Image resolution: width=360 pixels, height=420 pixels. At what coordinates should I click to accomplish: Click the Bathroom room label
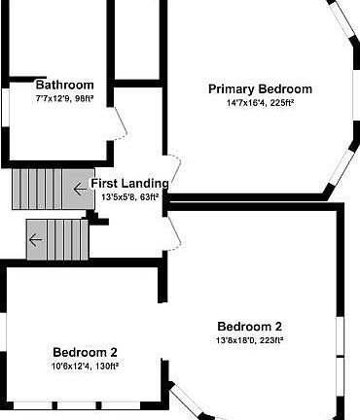click(65, 85)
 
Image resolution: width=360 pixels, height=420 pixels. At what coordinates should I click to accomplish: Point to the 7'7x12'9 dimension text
click(54, 98)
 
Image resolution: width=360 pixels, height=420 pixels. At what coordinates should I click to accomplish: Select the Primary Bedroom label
click(260, 88)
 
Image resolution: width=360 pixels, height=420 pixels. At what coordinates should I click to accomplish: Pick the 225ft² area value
click(281, 102)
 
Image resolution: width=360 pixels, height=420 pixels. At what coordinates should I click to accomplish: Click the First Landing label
click(129, 183)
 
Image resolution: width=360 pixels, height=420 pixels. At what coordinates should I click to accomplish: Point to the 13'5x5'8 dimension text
click(118, 196)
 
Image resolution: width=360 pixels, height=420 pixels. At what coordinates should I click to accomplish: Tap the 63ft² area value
click(149, 196)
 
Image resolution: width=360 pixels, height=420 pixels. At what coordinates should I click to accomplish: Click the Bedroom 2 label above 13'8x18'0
click(249, 326)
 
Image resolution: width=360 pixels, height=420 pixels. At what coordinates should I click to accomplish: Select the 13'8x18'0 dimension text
click(234, 340)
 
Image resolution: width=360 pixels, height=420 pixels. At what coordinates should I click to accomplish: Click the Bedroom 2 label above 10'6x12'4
click(85, 352)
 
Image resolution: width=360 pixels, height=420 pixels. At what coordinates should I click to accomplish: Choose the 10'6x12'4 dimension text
click(69, 366)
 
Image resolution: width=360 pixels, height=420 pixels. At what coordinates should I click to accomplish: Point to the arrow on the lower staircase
click(36, 238)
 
